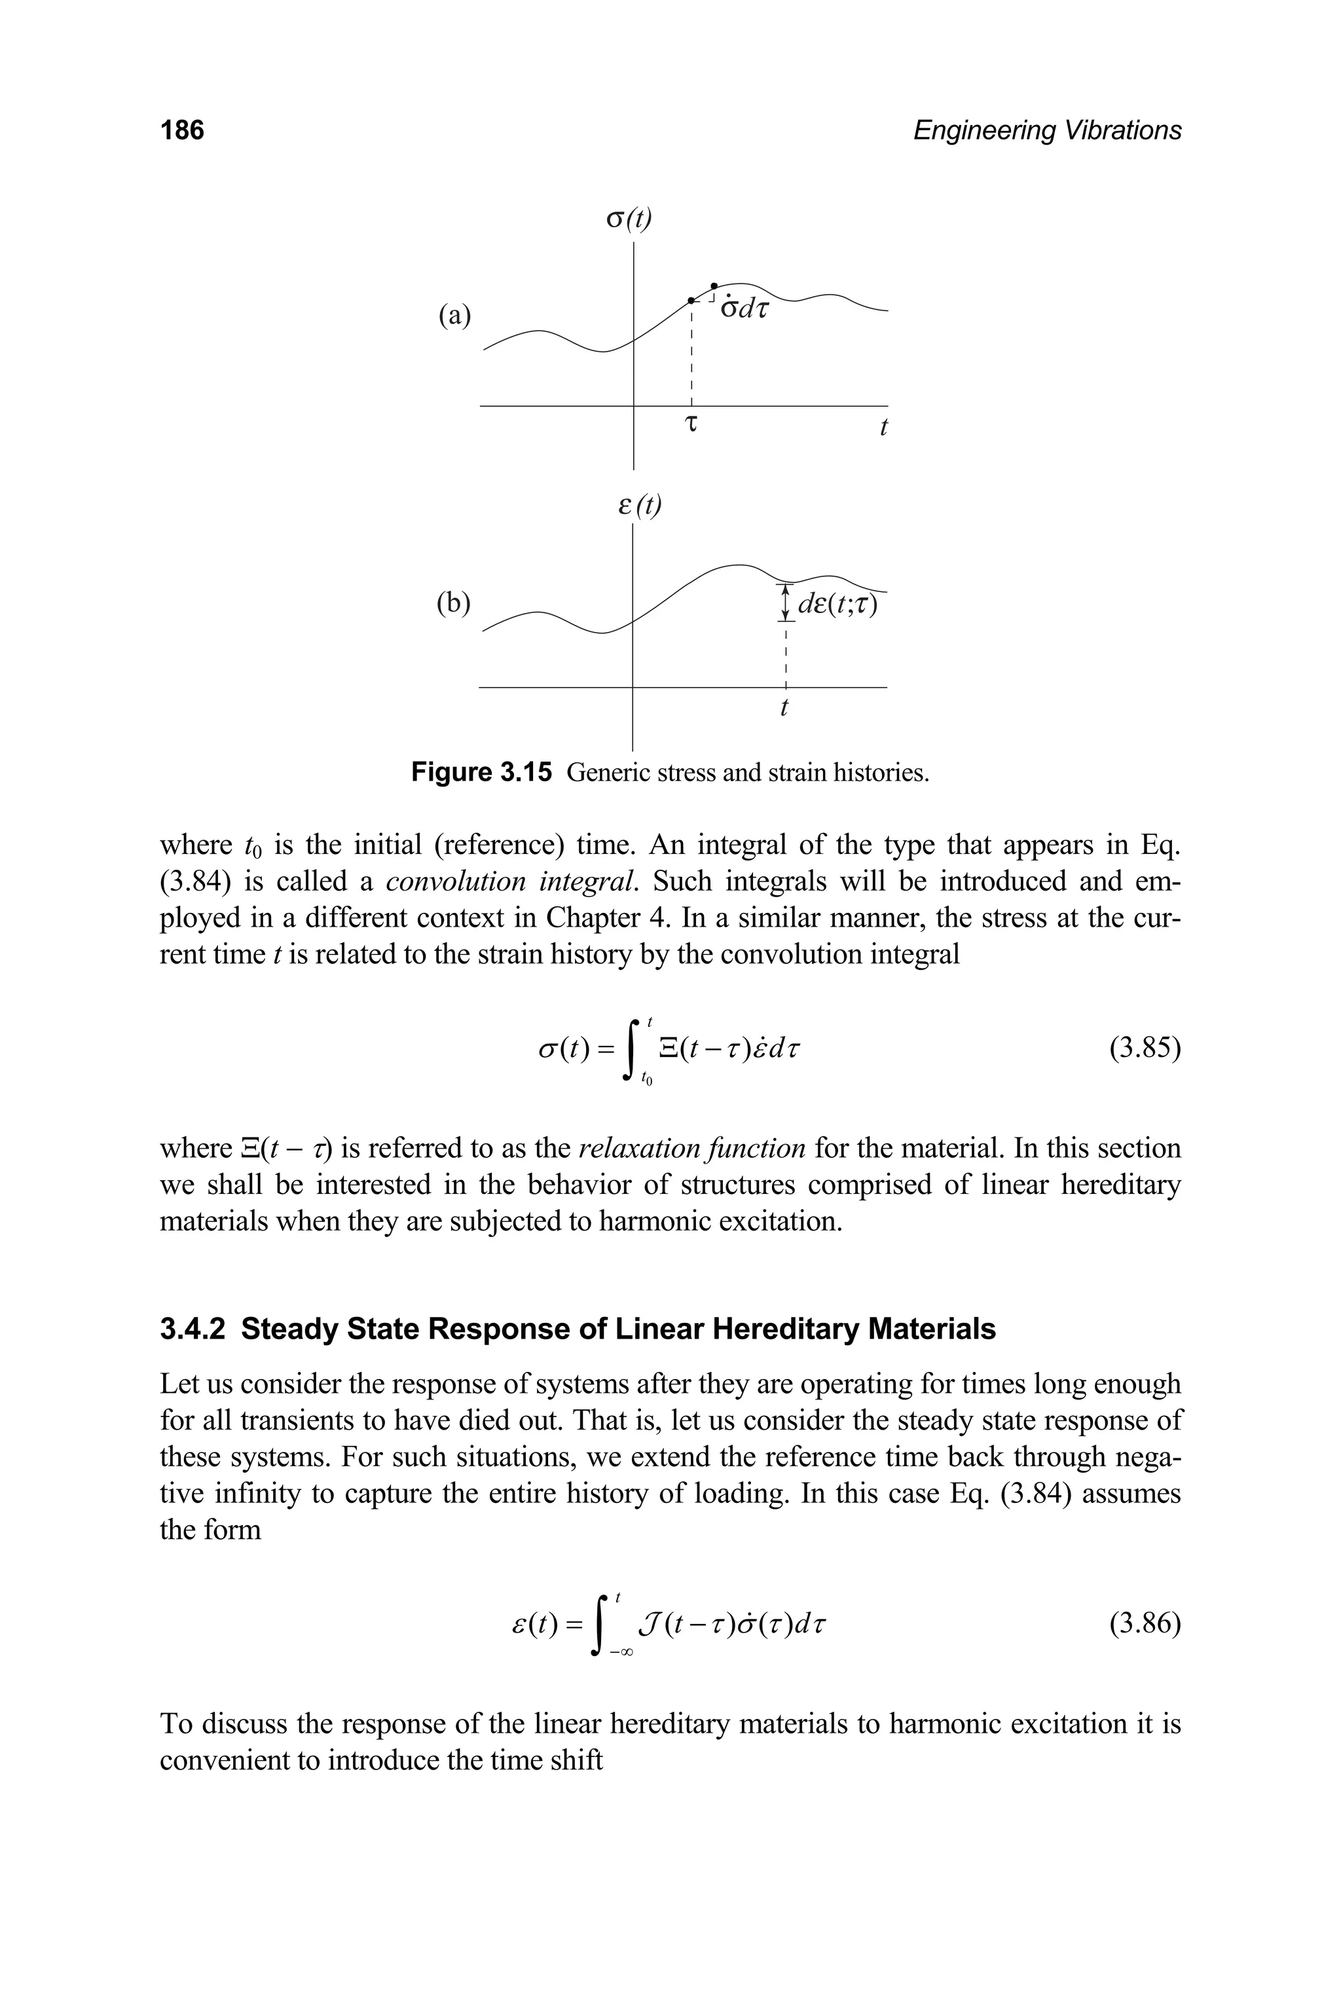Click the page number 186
coord(182,131)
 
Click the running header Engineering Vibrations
coord(1047,131)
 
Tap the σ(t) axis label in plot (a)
coord(629,220)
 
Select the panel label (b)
coord(453,603)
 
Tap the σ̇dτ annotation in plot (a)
coord(744,307)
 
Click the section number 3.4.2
coord(193,1330)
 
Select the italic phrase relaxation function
coord(692,1148)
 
